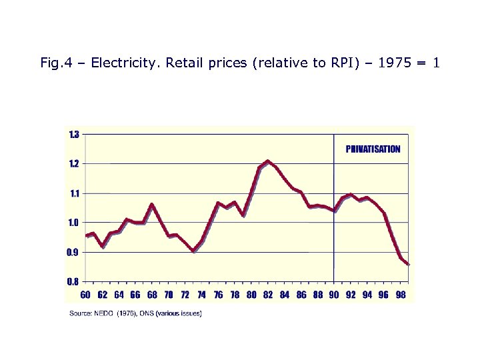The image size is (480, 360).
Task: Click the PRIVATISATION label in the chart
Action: tap(373, 149)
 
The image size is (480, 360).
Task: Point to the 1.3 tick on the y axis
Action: tap(74, 134)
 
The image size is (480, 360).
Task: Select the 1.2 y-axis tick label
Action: tap(74, 163)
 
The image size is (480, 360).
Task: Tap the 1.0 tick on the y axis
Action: tap(74, 223)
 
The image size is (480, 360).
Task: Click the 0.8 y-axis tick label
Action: tap(74, 281)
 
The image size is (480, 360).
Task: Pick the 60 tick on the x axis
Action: tap(85, 295)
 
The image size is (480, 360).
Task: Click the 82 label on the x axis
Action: tap(268, 295)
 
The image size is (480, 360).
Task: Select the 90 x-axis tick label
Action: tap(334, 295)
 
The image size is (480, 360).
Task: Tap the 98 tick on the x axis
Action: tap(400, 295)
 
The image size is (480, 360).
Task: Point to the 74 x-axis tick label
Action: tap(201, 295)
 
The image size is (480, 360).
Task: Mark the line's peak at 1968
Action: tap(152, 205)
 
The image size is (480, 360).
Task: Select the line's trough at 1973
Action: tap(193, 251)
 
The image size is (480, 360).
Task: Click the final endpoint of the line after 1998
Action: tap(408, 264)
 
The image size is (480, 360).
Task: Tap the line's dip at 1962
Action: tap(102, 247)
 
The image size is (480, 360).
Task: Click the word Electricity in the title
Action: tap(119, 64)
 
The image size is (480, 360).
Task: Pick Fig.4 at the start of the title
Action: tap(56, 64)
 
